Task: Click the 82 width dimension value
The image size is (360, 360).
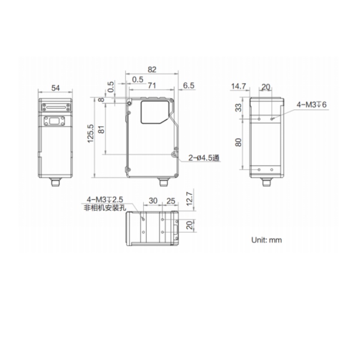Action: click(x=152, y=69)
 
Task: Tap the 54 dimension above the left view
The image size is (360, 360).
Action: click(x=55, y=88)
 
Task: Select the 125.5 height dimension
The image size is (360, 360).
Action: click(x=90, y=133)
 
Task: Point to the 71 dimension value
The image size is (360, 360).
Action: click(x=152, y=85)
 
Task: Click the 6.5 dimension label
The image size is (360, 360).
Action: click(x=189, y=85)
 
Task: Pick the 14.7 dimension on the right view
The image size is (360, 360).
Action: click(x=238, y=86)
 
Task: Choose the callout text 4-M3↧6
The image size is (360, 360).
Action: click(x=312, y=105)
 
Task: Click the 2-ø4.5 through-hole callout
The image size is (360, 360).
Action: click(x=204, y=158)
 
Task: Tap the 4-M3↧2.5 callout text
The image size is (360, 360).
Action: click(x=105, y=199)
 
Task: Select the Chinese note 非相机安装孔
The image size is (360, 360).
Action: click(x=105, y=208)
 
